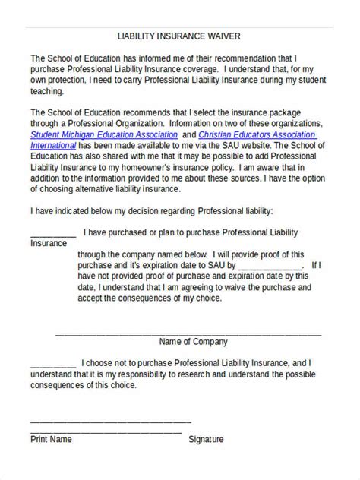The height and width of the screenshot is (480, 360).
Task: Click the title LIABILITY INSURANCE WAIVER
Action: tap(180, 35)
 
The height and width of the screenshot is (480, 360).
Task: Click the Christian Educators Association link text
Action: tap(265, 134)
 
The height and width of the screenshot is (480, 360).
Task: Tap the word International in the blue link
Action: tap(55, 146)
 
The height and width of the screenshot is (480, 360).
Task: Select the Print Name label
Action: tap(51, 439)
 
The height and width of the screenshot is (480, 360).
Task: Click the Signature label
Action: tap(206, 439)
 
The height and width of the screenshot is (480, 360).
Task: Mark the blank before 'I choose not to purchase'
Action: tap(52, 363)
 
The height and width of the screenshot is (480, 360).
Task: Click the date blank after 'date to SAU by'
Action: tap(269, 266)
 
